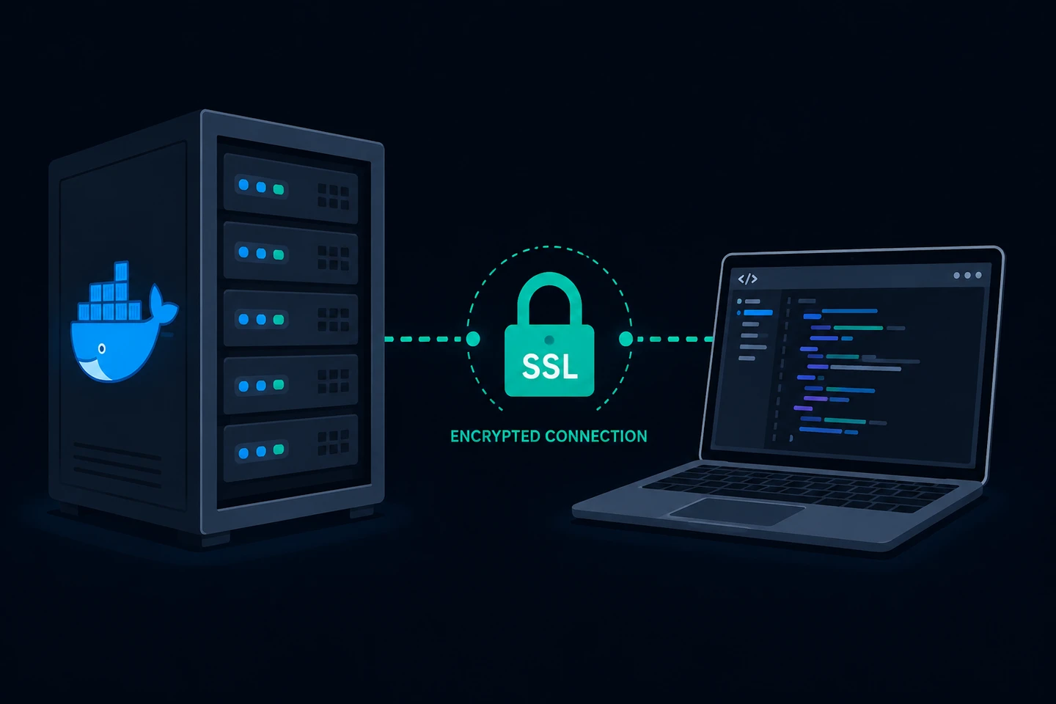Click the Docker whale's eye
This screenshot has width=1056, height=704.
click(102, 349)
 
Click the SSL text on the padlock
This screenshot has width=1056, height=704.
click(550, 367)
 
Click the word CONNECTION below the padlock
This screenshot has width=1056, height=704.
click(596, 436)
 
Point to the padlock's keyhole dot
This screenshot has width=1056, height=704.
click(549, 340)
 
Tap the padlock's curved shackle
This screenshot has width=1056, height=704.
click(549, 298)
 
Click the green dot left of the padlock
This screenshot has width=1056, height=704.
click(473, 339)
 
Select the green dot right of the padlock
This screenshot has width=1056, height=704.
click(626, 339)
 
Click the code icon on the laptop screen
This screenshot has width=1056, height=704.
click(748, 279)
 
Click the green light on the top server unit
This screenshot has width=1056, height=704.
click(279, 189)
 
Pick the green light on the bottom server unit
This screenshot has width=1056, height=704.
click(279, 450)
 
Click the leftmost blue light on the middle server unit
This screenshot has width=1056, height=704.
click(243, 319)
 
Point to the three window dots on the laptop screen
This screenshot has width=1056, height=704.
click(967, 276)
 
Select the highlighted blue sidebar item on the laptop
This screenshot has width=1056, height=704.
click(758, 312)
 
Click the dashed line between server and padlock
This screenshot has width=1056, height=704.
click(425, 339)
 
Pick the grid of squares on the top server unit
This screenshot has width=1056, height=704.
click(333, 196)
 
